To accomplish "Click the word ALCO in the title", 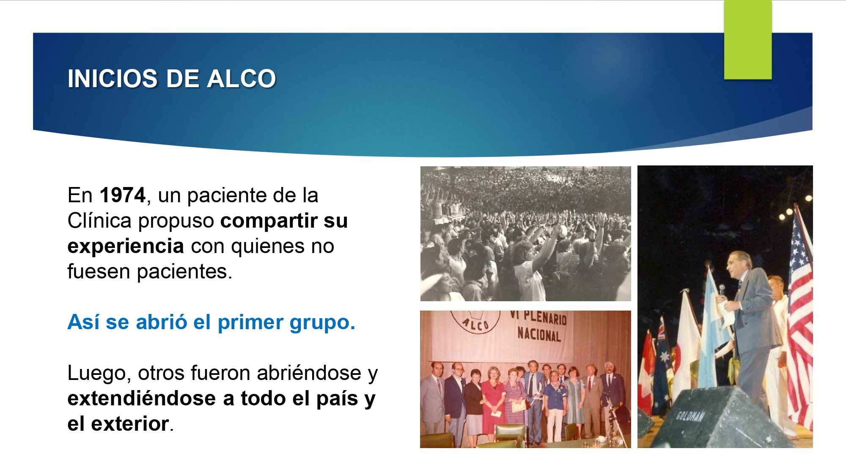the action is point(242,79).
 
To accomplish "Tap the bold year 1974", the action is point(123,195).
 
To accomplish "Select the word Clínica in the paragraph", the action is point(99,220).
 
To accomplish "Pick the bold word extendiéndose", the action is point(142,398).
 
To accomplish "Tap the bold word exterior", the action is point(130,424).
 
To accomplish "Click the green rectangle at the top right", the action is point(748,40).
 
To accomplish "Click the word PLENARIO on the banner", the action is point(544,317).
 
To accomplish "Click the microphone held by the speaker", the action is point(722,290).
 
